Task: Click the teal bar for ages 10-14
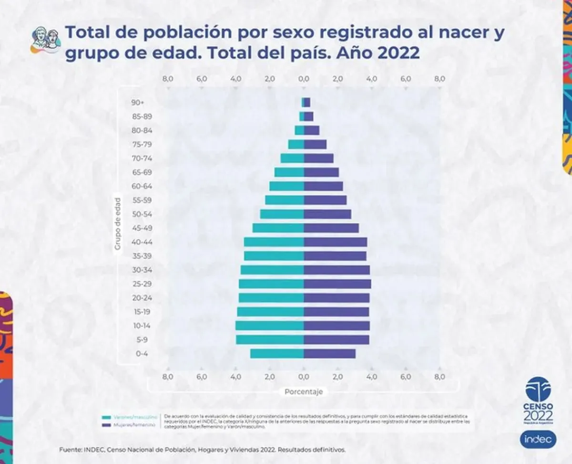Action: pyautogui.click(x=270, y=326)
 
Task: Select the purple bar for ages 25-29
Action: pyautogui.click(x=337, y=284)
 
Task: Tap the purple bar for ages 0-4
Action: pyautogui.click(x=330, y=354)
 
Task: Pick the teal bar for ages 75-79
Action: pyautogui.click(x=296, y=144)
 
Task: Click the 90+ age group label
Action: pyautogui.click(x=137, y=103)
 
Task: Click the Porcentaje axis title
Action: pyautogui.click(x=304, y=391)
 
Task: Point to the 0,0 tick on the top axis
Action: pyautogui.click(x=304, y=79)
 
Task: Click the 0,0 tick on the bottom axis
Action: pyautogui.click(x=304, y=377)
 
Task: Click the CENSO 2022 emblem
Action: pyautogui.click(x=538, y=401)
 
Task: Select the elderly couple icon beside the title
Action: pyautogui.click(x=46, y=40)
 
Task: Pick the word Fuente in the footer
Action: pyautogui.click(x=70, y=450)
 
